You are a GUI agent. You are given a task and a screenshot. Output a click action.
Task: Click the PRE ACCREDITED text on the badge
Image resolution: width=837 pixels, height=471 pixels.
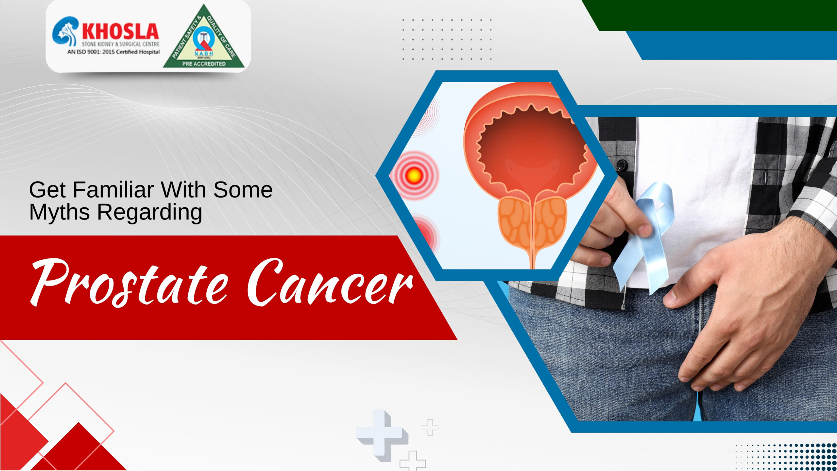pyautogui.click(x=204, y=64)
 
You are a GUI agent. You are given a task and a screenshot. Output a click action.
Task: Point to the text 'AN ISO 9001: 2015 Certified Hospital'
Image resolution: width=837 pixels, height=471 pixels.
pyautogui.click(x=113, y=52)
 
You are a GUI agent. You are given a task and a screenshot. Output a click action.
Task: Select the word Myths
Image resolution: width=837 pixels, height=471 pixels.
pyautogui.click(x=59, y=212)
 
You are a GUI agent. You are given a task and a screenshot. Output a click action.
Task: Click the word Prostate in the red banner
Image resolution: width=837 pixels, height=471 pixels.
pyautogui.click(x=129, y=283)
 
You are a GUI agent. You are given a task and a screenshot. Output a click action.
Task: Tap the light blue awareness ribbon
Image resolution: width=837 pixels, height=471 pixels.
pyautogui.click(x=651, y=229)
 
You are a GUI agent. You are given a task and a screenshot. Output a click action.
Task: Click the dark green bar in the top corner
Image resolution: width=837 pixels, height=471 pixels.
pyautogui.click(x=719, y=15)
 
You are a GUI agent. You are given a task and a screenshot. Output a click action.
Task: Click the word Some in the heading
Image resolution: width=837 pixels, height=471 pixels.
pyautogui.click(x=243, y=190)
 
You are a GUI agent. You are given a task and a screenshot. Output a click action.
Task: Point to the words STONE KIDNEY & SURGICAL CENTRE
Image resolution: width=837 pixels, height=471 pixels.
pyautogui.click(x=120, y=44)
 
